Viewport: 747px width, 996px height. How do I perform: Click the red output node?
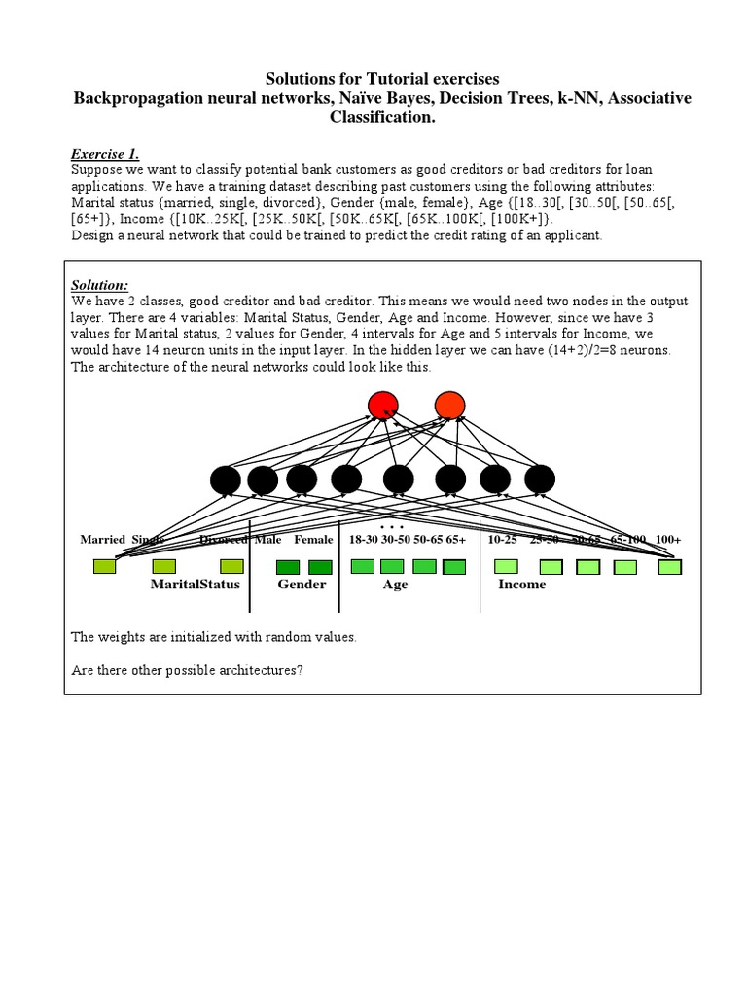383,406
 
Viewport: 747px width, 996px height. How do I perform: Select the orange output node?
449,406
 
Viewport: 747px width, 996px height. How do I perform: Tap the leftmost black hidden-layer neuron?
226,480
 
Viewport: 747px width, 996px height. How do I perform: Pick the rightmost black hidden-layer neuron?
540,479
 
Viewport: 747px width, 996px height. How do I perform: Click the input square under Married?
104,566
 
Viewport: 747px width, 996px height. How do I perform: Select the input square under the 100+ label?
669,567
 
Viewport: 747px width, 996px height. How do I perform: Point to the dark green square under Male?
288,567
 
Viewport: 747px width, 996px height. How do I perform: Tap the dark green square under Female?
320,567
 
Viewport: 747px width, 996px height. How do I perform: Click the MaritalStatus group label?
195,585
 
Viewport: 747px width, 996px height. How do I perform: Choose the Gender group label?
302,585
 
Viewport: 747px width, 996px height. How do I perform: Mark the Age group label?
395,585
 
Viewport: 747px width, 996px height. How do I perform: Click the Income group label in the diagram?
521,585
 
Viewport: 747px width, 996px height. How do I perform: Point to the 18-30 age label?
363,539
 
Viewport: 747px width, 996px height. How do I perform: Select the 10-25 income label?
502,539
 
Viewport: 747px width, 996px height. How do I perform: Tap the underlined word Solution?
99,285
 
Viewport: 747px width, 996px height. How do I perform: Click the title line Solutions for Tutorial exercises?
382,78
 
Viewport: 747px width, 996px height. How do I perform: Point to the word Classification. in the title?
382,117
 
